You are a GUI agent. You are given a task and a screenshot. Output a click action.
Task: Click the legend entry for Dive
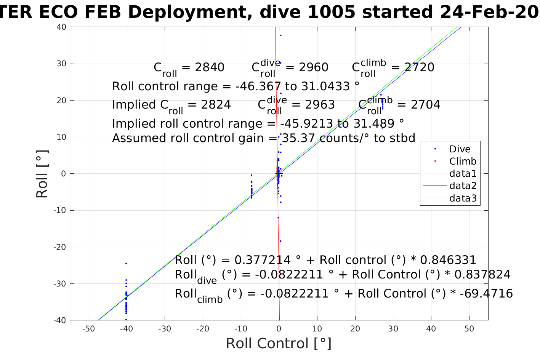coord(460,149)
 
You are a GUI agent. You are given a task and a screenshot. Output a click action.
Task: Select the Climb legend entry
coord(462,161)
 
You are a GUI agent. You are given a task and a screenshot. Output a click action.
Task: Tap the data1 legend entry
coord(463,174)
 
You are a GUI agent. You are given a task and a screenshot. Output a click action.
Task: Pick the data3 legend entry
coord(463,198)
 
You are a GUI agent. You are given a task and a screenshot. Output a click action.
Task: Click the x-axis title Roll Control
coord(279,343)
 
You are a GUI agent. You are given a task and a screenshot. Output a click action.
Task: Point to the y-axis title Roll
coord(42,174)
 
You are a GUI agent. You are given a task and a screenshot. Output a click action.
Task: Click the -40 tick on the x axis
coord(127,329)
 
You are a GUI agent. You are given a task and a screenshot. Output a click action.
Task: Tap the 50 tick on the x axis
coord(469,329)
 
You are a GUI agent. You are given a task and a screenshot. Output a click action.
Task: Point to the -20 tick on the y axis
coord(60,247)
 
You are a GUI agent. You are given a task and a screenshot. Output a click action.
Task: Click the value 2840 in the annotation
coord(210,67)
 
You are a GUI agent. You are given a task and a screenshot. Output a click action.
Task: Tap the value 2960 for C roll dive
coord(313,67)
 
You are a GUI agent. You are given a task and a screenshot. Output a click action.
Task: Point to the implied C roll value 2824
coord(216,105)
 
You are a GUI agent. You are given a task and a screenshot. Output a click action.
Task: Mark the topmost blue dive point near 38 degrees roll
coord(280,35)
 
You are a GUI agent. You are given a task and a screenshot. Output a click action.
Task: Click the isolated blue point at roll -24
coord(126,263)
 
